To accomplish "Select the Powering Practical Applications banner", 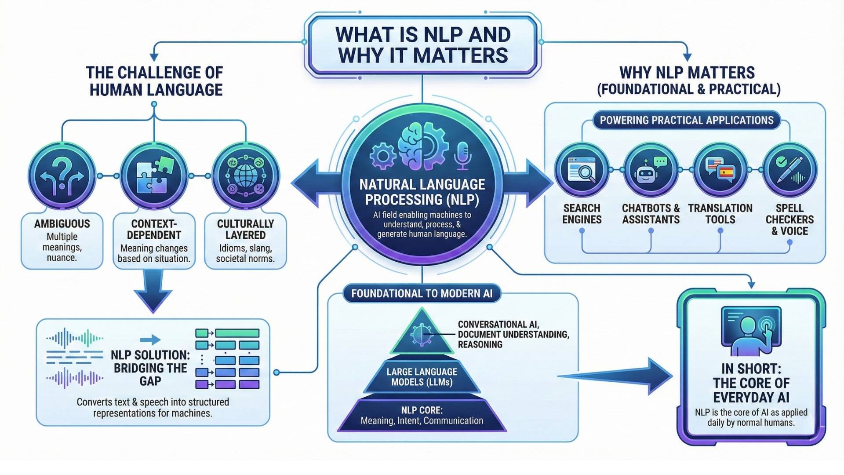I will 686,121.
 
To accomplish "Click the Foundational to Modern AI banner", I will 422,293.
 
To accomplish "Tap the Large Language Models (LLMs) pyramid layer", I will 422,377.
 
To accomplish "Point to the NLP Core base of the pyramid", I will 422,416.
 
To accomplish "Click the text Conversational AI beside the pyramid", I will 498,325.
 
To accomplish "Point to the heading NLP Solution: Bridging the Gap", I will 150,368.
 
